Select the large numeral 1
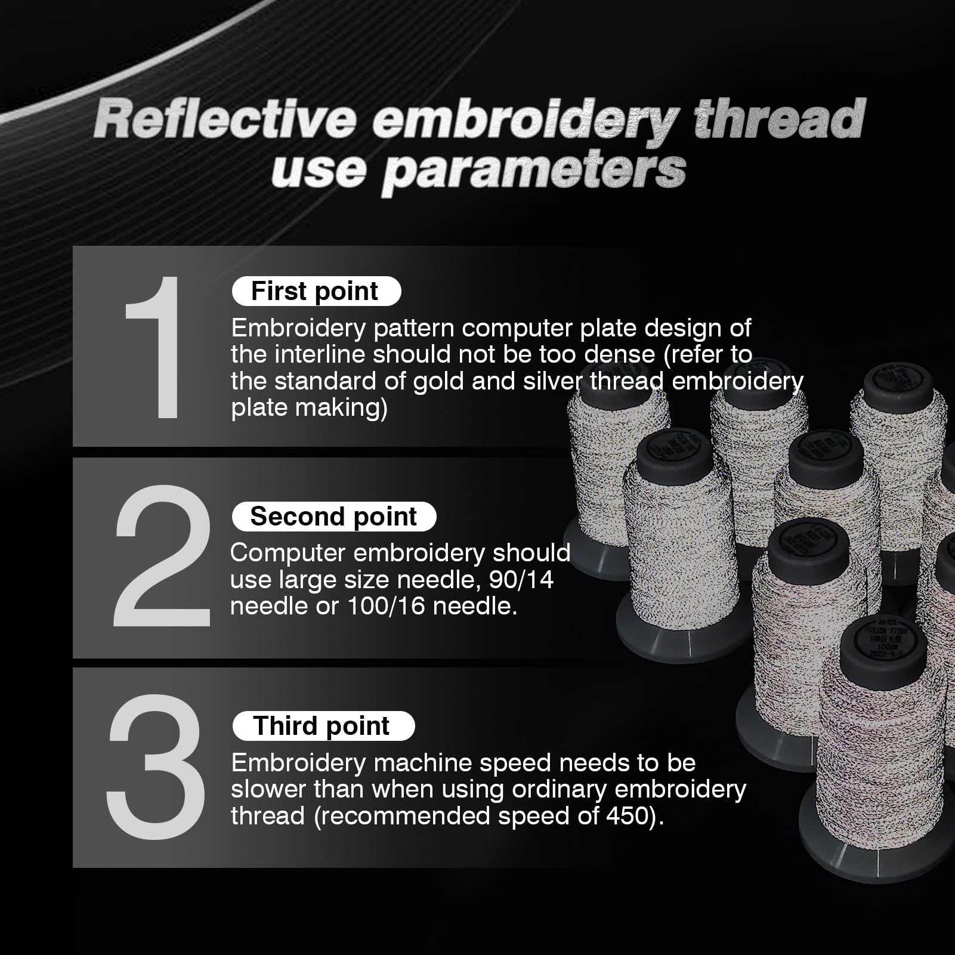point(152,347)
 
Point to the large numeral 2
point(162,556)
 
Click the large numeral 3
point(156,767)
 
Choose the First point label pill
point(316,291)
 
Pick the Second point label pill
point(333,517)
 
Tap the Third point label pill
point(323,726)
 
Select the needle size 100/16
point(386,606)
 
